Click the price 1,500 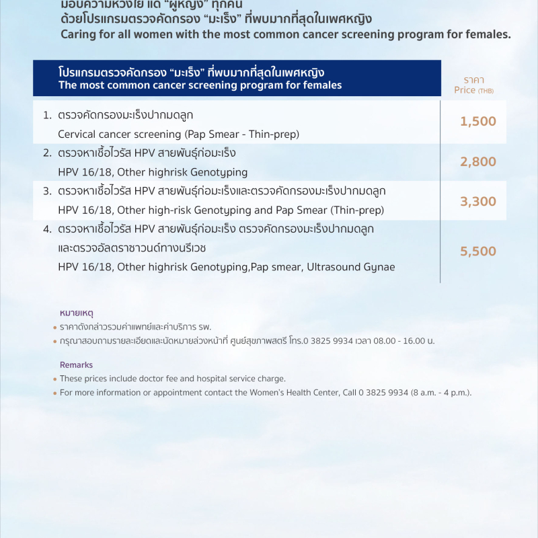coord(478,121)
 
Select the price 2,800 coord(478,161)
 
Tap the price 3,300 coord(478,201)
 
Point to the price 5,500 coord(478,251)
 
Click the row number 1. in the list coord(48,115)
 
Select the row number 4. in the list coord(48,229)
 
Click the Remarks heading coord(76,364)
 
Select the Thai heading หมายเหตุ coord(76,313)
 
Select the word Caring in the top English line coord(76,34)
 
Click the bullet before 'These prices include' coord(54,379)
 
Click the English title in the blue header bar coord(200,85)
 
